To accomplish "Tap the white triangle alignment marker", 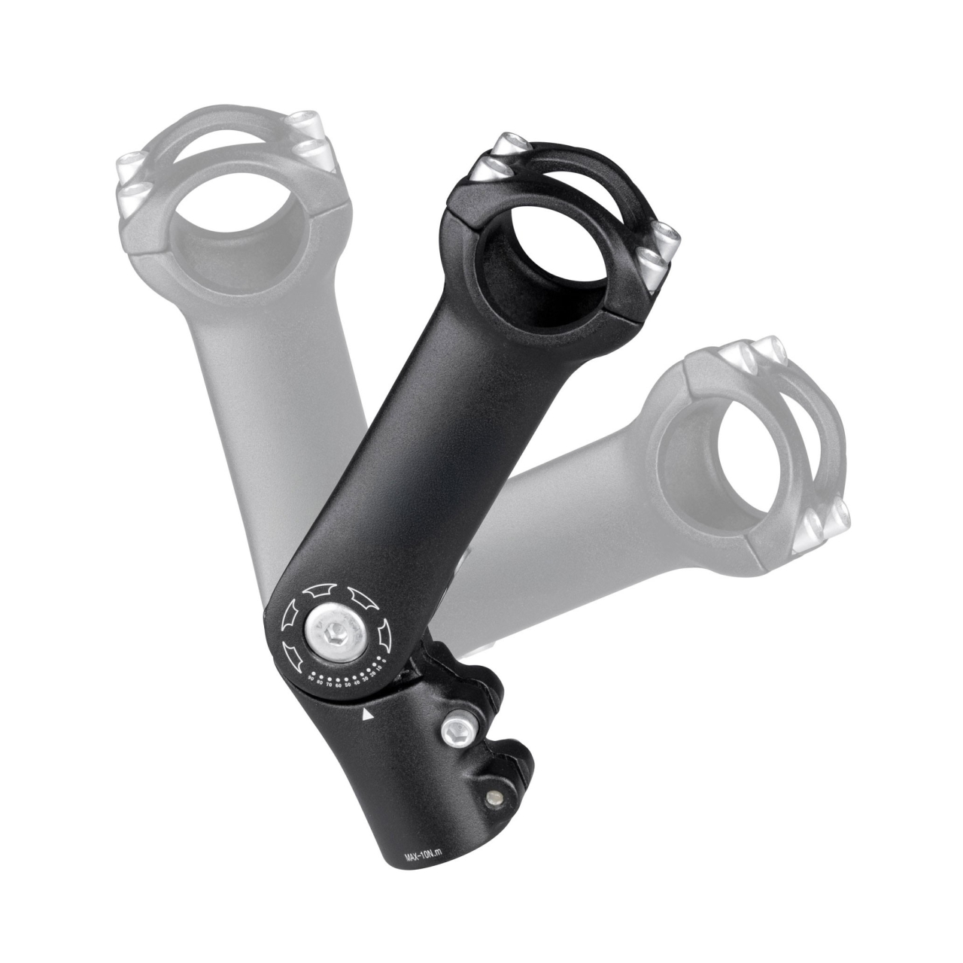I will click(x=368, y=715).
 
